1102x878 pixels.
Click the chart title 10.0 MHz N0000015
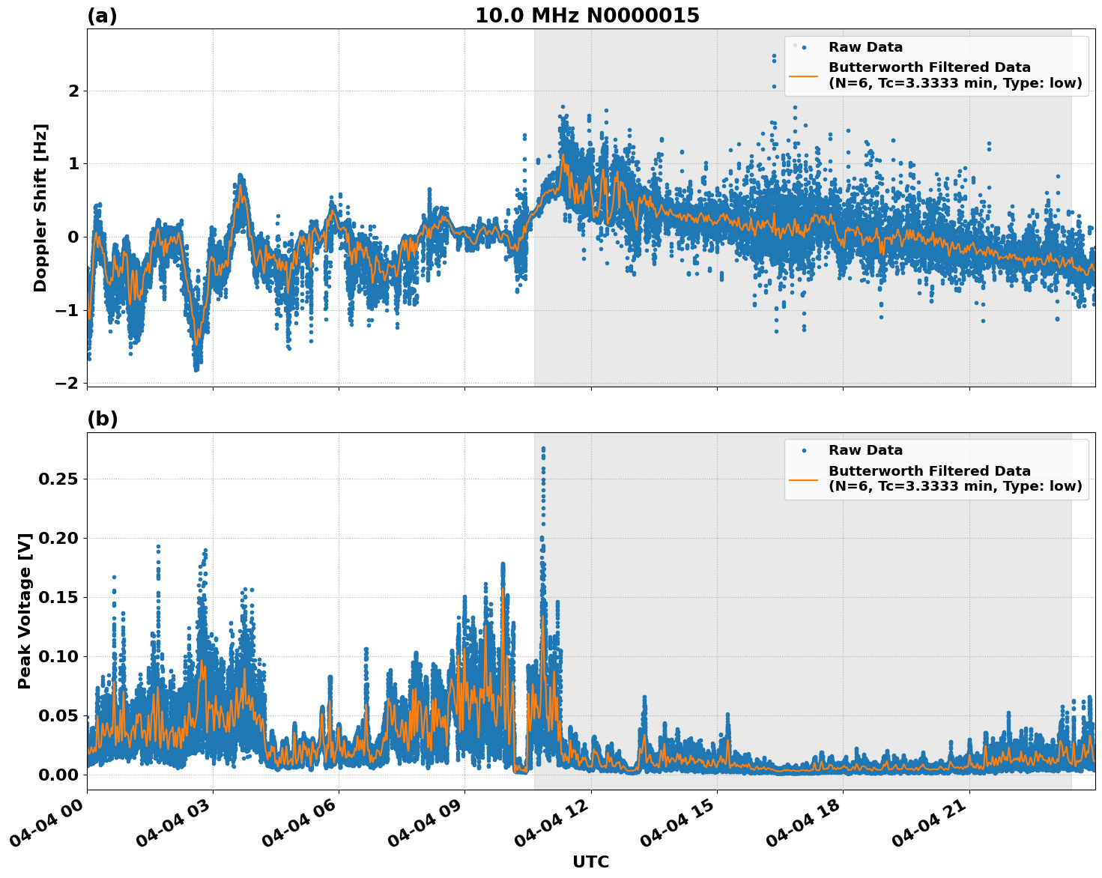(x=587, y=16)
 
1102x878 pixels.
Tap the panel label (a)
(x=102, y=16)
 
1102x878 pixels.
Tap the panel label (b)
(x=102, y=419)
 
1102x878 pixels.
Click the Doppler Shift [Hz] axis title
(x=40, y=208)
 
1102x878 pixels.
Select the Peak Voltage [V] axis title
(x=25, y=611)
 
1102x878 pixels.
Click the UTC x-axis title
(x=590, y=862)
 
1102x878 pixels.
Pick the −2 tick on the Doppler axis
(x=67, y=383)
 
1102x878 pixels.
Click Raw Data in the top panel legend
(x=865, y=47)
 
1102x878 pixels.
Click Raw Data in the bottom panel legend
(x=865, y=450)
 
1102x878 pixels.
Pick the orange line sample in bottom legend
(x=803, y=479)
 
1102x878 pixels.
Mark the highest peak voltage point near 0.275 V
(x=543, y=449)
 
